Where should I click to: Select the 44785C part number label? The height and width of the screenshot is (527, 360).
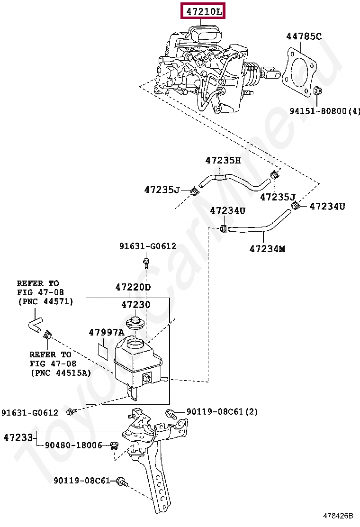coord(304,36)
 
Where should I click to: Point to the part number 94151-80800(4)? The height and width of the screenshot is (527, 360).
coord(325,111)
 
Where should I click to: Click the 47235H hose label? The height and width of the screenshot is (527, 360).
coord(223,161)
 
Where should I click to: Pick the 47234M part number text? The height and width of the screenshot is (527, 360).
coord(267,248)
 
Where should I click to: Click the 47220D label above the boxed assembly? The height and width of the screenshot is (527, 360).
coord(133,287)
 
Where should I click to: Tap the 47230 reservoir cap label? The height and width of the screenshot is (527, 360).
coord(135,305)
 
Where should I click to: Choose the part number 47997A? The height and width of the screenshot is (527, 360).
coord(106,332)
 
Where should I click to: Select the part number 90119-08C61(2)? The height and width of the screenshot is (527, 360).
coord(222,412)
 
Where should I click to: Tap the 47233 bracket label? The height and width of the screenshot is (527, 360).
coord(18,437)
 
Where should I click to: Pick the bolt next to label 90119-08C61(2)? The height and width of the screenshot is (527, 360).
coord(171,412)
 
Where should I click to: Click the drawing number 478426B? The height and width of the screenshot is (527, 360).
coord(338,516)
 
